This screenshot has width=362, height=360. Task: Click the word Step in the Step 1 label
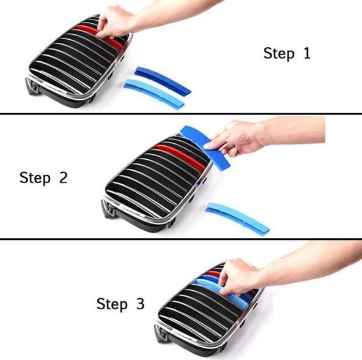tap(279, 54)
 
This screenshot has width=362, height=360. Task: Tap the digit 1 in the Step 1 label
tap(306, 53)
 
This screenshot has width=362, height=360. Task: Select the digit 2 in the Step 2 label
tap(63, 178)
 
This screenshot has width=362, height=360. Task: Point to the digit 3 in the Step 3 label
tap(140, 303)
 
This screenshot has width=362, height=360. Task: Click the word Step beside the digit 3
tap(112, 304)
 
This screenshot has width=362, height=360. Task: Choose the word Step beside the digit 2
tap(35, 178)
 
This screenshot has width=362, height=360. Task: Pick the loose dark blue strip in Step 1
tap(163, 80)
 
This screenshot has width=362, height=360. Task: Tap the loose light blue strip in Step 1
tap(153, 94)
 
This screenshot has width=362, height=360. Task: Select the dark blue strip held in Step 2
tap(205, 146)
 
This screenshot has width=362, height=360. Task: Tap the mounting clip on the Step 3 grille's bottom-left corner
tap(161, 334)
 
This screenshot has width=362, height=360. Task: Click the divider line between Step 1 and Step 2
tap(181, 113)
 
